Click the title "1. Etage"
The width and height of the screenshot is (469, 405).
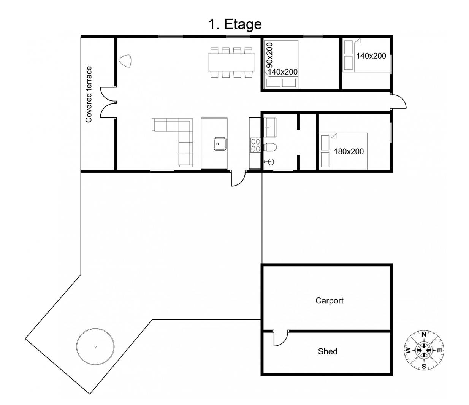click(x=235, y=24)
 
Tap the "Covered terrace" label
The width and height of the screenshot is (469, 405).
click(x=89, y=94)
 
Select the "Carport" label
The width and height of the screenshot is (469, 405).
click(x=329, y=300)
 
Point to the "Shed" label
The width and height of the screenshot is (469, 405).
click(x=328, y=351)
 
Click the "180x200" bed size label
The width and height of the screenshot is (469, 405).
click(x=349, y=151)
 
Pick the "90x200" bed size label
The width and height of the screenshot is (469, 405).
click(x=270, y=56)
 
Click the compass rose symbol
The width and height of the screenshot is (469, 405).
click(x=424, y=350)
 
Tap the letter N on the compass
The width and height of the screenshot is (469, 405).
click(x=424, y=334)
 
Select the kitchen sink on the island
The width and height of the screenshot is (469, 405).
click(x=220, y=144)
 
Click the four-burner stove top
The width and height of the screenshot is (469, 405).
click(x=255, y=145)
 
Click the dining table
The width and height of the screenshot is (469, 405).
click(x=231, y=62)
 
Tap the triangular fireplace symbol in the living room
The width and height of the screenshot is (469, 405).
click(x=125, y=61)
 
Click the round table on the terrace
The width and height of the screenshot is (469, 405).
click(x=95, y=346)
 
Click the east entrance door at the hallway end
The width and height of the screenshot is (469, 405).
click(x=399, y=101)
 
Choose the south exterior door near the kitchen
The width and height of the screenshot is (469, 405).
click(x=238, y=178)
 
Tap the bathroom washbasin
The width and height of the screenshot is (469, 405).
click(x=271, y=127)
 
